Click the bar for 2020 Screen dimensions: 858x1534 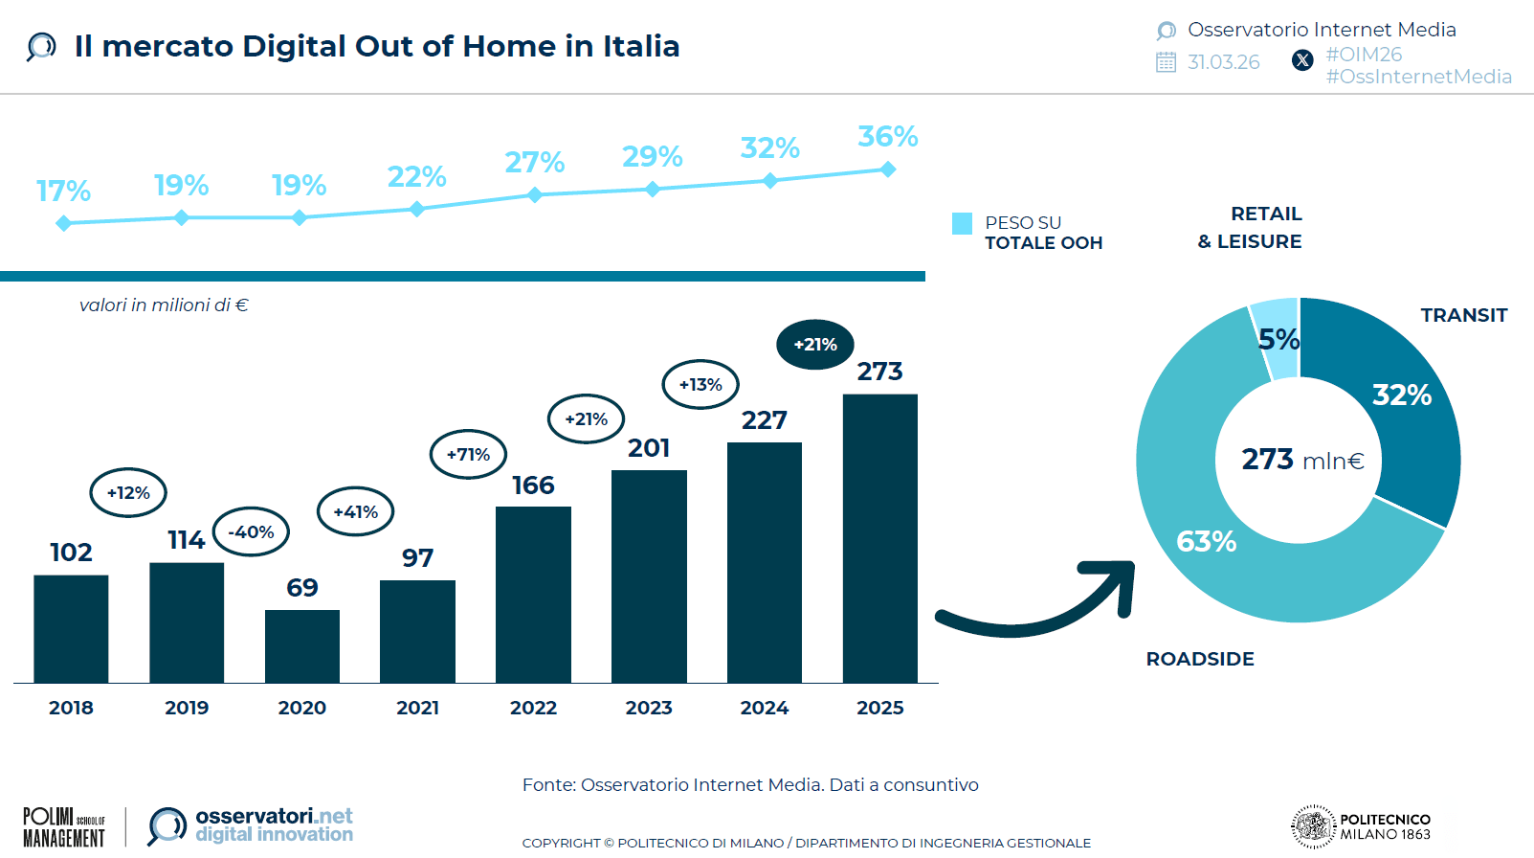302,646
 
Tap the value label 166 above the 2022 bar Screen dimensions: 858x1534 533,485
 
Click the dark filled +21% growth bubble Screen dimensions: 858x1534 815,345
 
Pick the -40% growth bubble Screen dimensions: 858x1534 251,531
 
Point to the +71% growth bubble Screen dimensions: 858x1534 468,454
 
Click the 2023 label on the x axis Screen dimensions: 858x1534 649,708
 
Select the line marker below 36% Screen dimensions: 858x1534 888,169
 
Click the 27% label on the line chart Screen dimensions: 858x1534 534,162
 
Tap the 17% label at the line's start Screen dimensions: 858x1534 63,192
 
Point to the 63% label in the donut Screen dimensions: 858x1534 1206,542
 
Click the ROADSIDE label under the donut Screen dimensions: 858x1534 1200,659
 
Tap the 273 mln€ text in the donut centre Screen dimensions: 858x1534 1302,460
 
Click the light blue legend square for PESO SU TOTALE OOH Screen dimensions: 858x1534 962,223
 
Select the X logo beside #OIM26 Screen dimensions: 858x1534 1302,60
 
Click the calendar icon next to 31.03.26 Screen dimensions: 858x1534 1166,62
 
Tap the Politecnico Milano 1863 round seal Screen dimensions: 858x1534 1313,826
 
